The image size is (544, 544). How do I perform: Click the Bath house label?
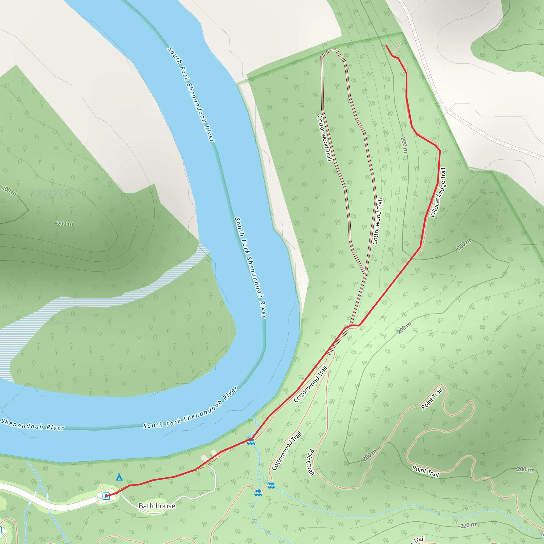[x=157, y=506]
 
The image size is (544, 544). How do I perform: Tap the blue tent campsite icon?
[x=119, y=477]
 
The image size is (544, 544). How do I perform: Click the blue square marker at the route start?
[x=106, y=496]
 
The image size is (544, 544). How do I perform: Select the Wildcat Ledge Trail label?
[x=438, y=193]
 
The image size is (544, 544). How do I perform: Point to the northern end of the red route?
[x=386, y=46]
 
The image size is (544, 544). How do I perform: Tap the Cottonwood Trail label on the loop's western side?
[x=324, y=138]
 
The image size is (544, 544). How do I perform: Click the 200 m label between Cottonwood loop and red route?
[x=404, y=145]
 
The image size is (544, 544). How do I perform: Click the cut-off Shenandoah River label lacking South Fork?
[x=32, y=424]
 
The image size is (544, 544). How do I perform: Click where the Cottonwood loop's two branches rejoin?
[x=365, y=274]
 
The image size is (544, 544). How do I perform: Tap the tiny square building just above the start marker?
[x=102, y=487]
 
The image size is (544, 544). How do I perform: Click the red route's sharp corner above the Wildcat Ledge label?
[x=440, y=150]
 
